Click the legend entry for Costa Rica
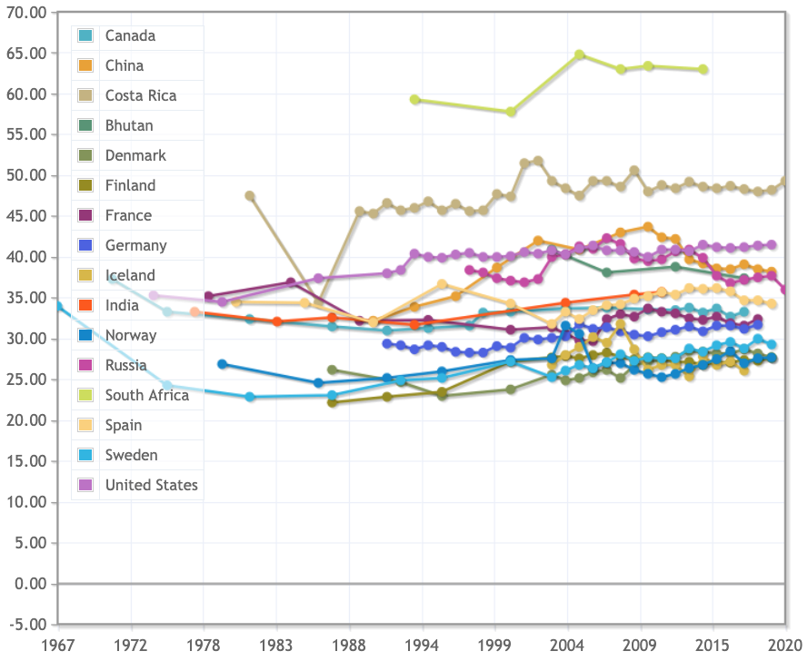pos(141,95)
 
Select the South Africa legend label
pos(146,395)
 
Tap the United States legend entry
pos(151,485)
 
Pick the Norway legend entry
pos(131,335)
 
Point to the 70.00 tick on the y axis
pos(25,13)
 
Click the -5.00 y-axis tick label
pos(25,625)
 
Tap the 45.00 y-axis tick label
pos(25,216)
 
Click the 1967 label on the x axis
pos(59,644)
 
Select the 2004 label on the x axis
pos(568,644)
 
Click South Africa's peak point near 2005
pos(580,55)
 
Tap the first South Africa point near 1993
pos(415,100)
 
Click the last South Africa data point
pos(703,70)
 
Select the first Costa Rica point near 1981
pos(250,196)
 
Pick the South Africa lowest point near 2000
pos(511,112)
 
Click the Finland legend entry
pos(130,185)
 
